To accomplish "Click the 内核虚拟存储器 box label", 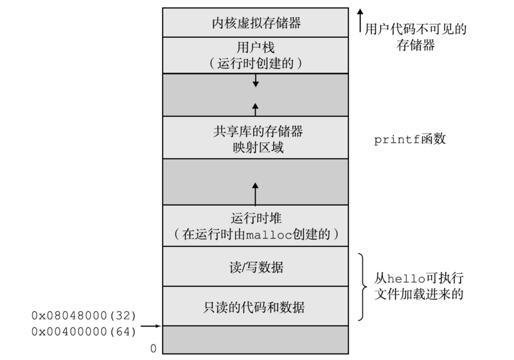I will click(x=256, y=24).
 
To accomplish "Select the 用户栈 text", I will click(x=256, y=48).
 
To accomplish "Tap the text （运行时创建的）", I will click(x=256, y=64).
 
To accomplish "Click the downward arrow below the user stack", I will click(x=256, y=80).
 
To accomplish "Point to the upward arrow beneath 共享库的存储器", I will click(x=256, y=108).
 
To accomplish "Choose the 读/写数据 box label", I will click(x=256, y=266).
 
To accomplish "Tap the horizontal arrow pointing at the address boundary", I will click(x=151, y=326).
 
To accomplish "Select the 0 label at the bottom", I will click(x=153, y=348).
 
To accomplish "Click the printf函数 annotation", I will click(x=409, y=139).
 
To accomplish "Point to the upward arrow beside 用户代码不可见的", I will click(x=360, y=20).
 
